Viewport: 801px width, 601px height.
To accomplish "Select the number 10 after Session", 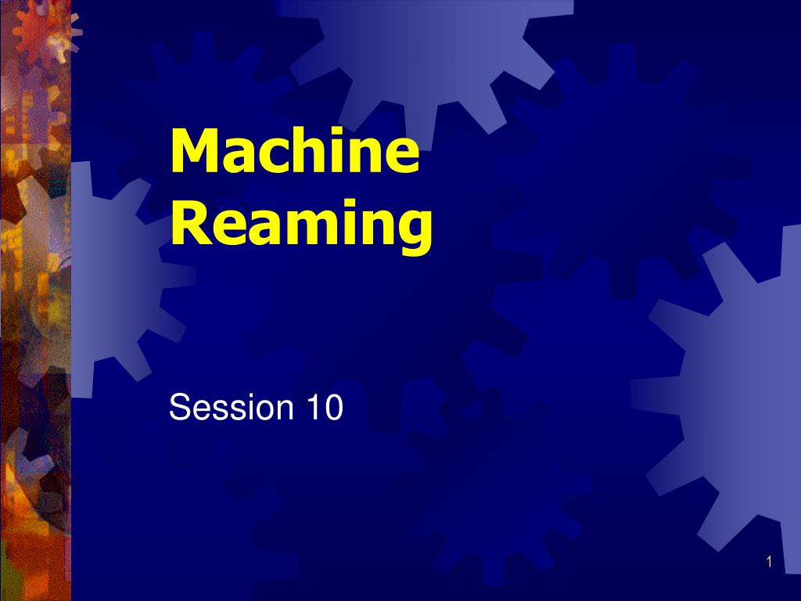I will tap(325, 408).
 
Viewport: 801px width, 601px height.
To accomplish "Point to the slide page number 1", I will tap(770, 562).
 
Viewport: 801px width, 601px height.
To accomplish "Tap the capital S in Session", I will tap(179, 408).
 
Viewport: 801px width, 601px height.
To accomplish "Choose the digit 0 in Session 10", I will tap(334, 408).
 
